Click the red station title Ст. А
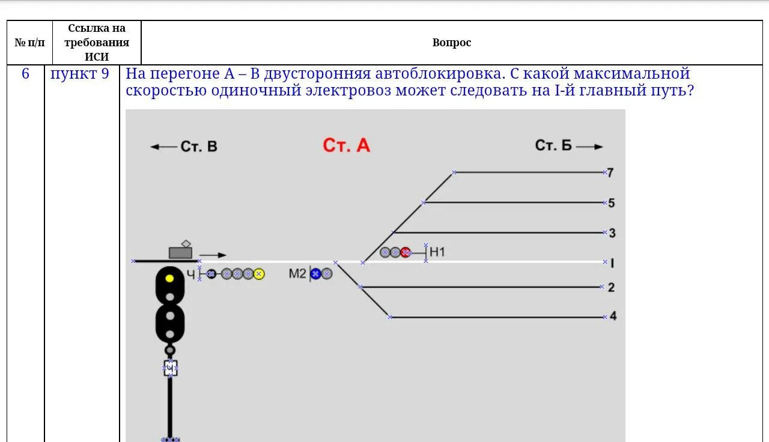click(x=346, y=145)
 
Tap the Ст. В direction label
click(x=198, y=147)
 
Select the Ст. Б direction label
click(x=553, y=145)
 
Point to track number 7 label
click(x=610, y=173)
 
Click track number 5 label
click(x=612, y=203)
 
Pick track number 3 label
click(x=612, y=233)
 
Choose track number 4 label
click(x=613, y=316)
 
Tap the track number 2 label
click(x=611, y=288)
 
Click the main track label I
click(x=612, y=263)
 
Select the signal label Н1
click(x=437, y=252)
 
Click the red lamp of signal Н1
click(x=406, y=253)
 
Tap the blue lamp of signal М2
click(x=315, y=274)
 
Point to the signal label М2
click(x=297, y=274)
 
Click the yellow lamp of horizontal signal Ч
click(x=258, y=274)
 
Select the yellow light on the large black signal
click(x=170, y=278)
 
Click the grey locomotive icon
click(x=180, y=252)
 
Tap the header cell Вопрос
click(x=452, y=43)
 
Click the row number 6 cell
click(x=25, y=74)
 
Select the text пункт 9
click(x=80, y=74)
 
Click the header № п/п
click(x=29, y=43)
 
